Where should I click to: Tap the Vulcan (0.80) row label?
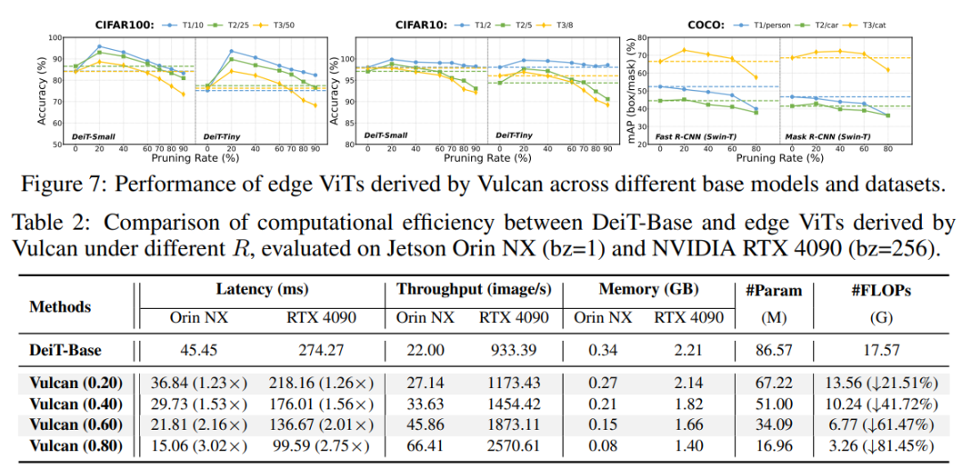tap(75, 445)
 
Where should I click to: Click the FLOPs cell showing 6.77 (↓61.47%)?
tap(882, 425)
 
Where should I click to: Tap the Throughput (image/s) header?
tap(474, 289)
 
